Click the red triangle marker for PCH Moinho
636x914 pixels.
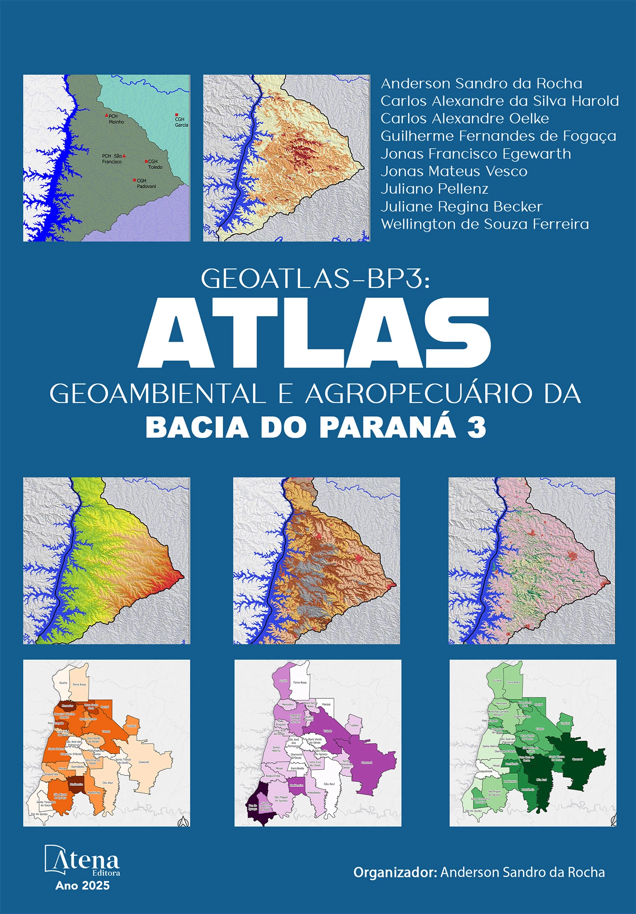106,115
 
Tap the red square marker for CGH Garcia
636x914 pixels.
177,115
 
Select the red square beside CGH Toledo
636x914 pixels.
146,161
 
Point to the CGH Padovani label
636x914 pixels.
146,183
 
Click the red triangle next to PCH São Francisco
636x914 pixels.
124,156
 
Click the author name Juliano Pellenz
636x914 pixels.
434,189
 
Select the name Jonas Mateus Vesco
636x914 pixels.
453,171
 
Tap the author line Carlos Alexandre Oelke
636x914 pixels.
465,118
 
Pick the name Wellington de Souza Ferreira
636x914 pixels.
484,224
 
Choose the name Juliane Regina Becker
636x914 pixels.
462,206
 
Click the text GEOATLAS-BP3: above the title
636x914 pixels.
315,279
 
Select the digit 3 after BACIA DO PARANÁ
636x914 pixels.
476,427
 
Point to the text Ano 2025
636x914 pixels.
83,885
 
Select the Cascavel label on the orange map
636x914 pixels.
144,762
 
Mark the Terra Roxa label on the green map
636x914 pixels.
513,682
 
